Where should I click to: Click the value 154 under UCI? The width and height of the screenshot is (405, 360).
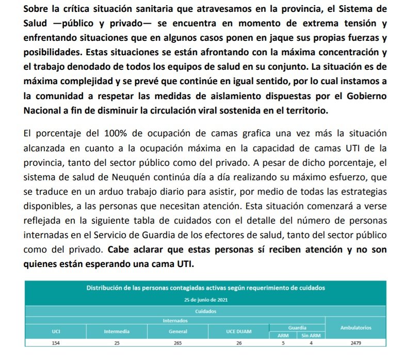point(56,342)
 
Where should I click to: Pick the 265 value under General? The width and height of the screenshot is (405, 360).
point(178,342)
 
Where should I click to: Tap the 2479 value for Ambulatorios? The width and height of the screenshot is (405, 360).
point(355,342)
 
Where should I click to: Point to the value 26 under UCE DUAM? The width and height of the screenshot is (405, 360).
point(239,342)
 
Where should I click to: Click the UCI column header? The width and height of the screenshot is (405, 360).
point(56,331)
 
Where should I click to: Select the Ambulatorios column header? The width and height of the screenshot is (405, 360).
point(355,328)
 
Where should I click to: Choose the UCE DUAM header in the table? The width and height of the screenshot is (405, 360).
point(239,331)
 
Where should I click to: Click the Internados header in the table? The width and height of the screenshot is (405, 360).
point(175,320)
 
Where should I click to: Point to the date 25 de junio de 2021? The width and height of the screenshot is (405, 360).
point(206,300)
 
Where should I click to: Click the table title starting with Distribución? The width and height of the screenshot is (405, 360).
point(206,288)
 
